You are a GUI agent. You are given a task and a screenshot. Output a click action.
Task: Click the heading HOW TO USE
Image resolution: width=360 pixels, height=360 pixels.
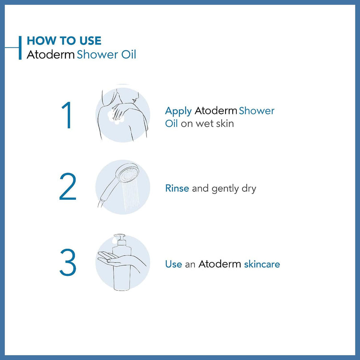pyautogui.click(x=64, y=40)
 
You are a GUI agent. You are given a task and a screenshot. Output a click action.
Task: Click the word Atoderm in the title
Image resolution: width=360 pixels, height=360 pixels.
pyautogui.click(x=51, y=55)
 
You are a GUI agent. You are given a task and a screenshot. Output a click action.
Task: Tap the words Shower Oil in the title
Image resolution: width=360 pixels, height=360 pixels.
pyautogui.click(x=106, y=55)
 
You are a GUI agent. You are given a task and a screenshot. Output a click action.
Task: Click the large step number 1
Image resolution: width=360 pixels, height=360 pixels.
pyautogui.click(x=67, y=115)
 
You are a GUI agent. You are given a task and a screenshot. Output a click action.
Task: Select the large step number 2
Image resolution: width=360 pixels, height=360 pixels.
pyautogui.click(x=68, y=186)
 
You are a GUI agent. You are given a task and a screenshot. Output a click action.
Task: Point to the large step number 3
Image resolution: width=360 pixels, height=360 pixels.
pyautogui.click(x=68, y=262)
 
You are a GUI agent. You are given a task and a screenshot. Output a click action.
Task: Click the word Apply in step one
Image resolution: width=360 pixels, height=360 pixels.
pyautogui.click(x=178, y=111)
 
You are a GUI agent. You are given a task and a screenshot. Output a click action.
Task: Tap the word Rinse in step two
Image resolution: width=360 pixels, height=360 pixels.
pyautogui.click(x=177, y=188)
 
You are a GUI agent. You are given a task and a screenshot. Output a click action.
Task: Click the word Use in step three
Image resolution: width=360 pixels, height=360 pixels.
pyautogui.click(x=174, y=264)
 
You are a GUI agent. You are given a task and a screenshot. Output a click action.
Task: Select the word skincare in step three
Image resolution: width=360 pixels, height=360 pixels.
pyautogui.click(x=262, y=264)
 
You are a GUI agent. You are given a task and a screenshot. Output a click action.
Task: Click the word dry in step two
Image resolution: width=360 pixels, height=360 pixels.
pyautogui.click(x=249, y=189)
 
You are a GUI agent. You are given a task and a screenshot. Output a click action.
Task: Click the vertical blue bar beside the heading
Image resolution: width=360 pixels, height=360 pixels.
pyautogui.click(x=20, y=48)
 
